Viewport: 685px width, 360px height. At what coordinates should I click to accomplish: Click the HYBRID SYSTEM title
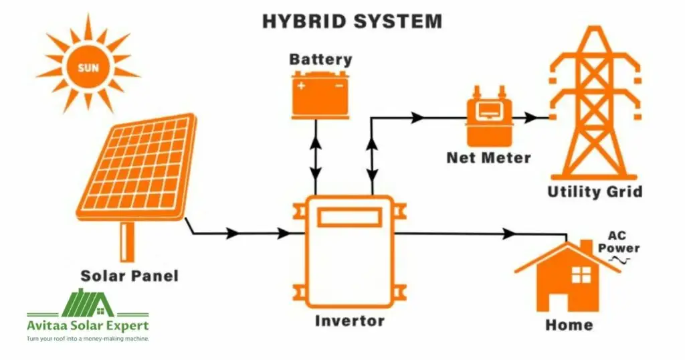[352, 21]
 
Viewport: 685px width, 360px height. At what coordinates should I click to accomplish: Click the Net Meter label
[488, 159]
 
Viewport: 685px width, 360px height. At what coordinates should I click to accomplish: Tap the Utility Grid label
[595, 192]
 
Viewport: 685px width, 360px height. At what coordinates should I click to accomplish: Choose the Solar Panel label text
[130, 275]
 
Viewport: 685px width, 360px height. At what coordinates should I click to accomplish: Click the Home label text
[569, 325]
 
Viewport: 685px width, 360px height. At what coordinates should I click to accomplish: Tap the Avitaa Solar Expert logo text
[88, 326]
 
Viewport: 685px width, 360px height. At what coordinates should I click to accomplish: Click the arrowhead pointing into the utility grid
[532, 118]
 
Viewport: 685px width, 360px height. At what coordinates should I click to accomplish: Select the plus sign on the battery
[302, 85]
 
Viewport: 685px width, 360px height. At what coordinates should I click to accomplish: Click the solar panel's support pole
[127, 242]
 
